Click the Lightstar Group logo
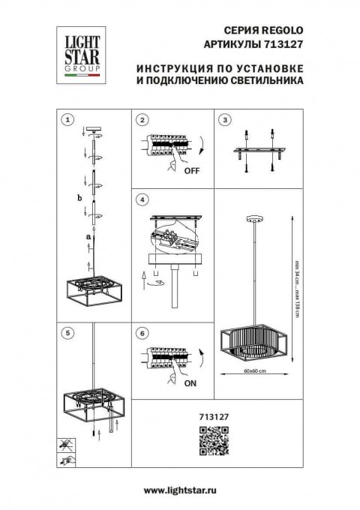click(x=79, y=53)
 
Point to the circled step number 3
click(x=223, y=120)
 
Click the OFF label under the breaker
click(x=191, y=171)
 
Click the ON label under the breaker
click(x=191, y=381)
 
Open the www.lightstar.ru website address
click(x=180, y=490)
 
